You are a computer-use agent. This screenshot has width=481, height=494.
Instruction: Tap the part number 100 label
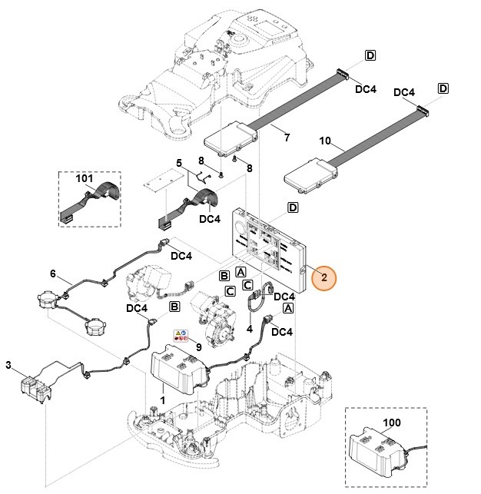pos(391,423)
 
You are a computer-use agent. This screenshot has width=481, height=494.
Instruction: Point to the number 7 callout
pos(287,138)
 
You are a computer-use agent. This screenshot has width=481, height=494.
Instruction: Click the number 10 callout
pos(324,141)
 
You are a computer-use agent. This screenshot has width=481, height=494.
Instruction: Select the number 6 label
pos(52,274)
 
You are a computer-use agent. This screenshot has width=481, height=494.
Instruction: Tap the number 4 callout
pos(248,329)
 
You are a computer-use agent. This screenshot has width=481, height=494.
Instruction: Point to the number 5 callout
pos(178,163)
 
